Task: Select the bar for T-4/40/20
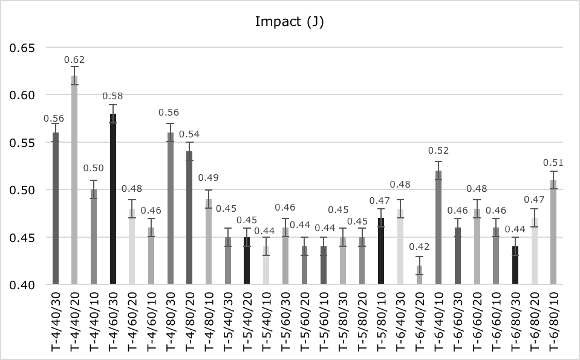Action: click(x=74, y=182)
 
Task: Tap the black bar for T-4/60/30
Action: click(x=112, y=200)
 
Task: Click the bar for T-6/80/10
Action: click(x=553, y=233)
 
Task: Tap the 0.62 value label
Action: click(x=74, y=59)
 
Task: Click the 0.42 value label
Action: click(x=419, y=246)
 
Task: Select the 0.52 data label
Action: click(x=438, y=151)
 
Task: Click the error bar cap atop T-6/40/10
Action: click(x=438, y=162)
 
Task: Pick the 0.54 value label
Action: click(x=189, y=134)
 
